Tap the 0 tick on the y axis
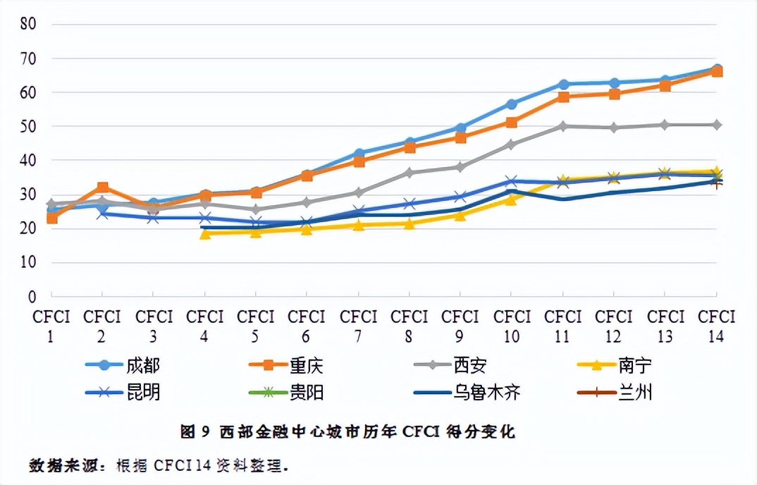[32, 296]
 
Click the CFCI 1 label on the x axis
[51, 326]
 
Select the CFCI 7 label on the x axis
[358, 326]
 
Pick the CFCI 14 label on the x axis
[717, 326]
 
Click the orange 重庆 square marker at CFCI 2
[103, 188]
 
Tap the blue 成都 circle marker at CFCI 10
[512, 104]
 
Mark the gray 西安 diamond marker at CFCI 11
[563, 126]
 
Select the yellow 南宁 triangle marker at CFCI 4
[205, 233]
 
